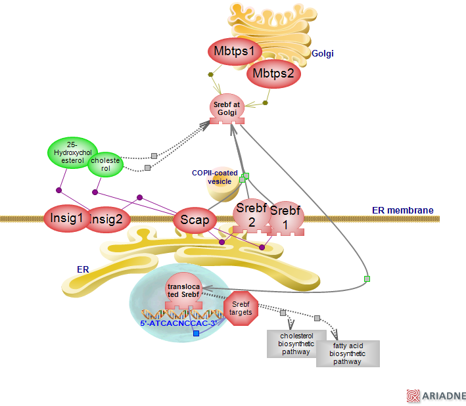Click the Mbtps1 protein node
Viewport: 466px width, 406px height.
234,51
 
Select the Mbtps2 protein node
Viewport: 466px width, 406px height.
273,74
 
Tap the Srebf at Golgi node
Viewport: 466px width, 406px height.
227,107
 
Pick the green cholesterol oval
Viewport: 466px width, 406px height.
106,164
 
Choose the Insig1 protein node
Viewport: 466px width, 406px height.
66,218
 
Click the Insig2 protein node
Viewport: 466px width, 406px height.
108,220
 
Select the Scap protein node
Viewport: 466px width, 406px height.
195,221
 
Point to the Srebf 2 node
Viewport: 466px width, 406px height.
250,215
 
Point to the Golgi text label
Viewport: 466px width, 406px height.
323,53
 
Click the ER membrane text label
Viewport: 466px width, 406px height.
402,210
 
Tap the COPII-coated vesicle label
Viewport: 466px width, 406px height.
214,177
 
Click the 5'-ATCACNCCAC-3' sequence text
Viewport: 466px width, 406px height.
178,323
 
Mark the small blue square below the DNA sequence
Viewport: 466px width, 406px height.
196,334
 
